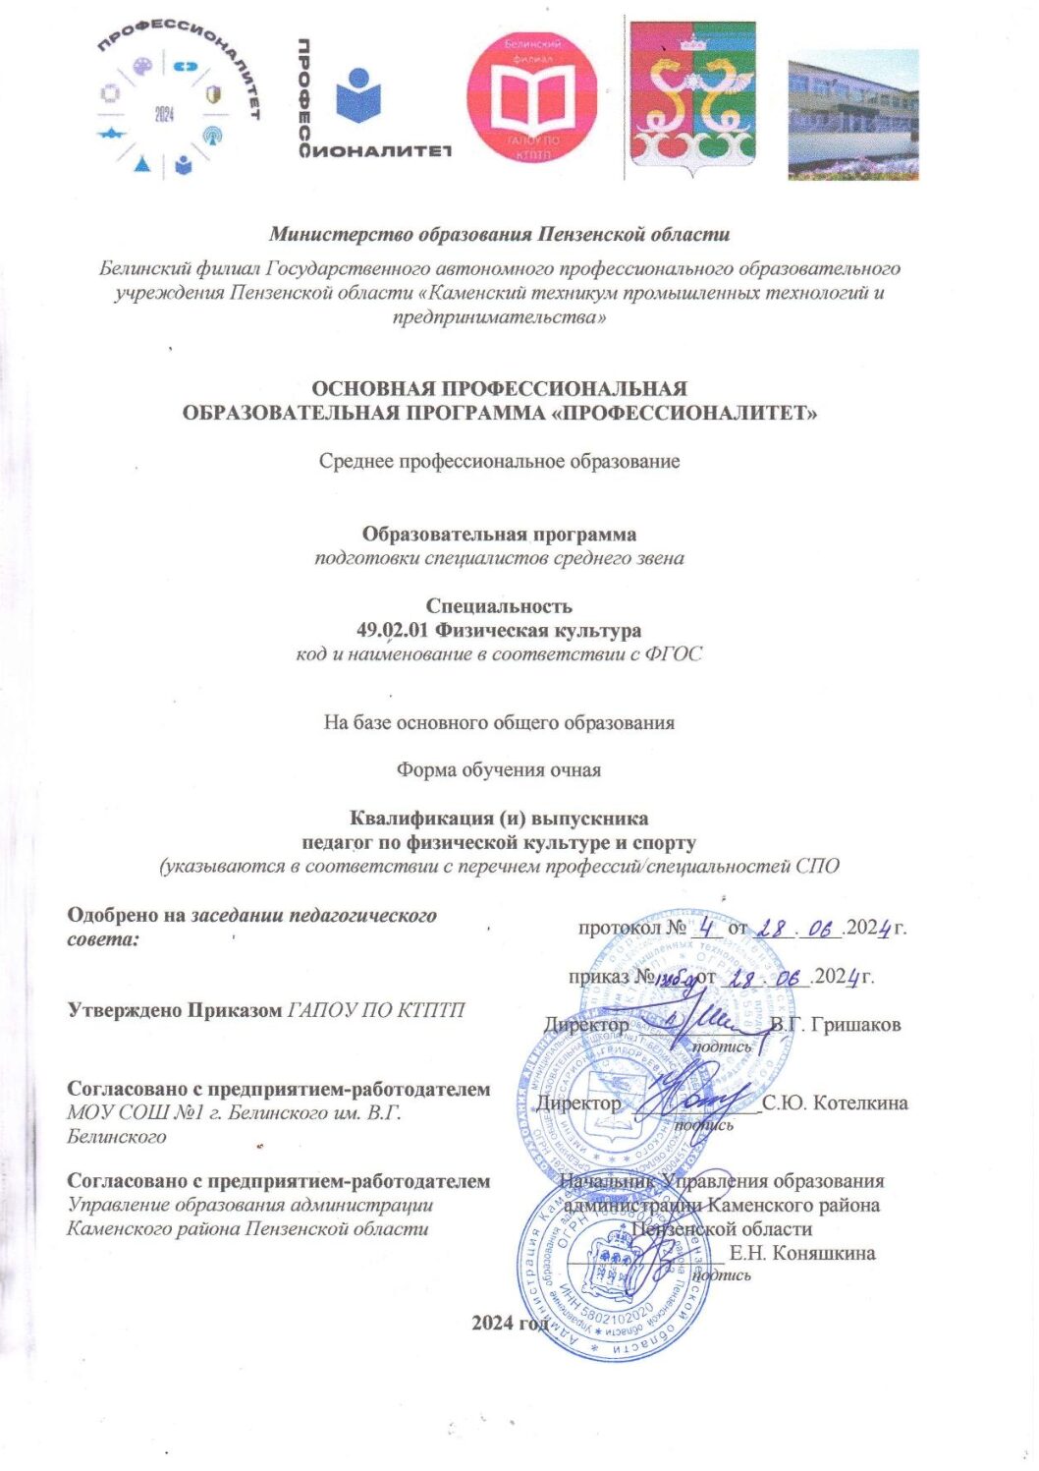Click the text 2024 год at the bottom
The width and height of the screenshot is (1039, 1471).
(511, 1323)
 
